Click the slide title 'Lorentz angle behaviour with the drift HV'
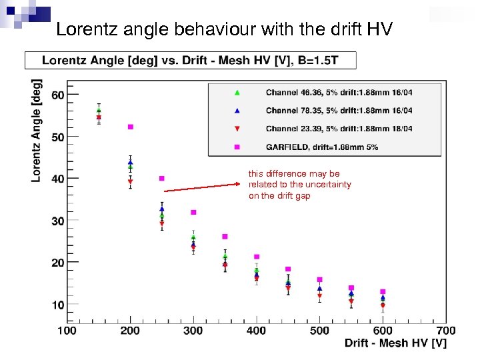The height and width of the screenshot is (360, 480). coord(225,29)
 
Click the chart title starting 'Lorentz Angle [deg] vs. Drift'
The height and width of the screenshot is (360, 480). coord(190,61)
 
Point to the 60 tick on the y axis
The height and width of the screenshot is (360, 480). coord(58,95)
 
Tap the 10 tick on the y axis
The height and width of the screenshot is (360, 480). coord(58,305)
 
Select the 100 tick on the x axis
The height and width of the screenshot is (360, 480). coord(67,330)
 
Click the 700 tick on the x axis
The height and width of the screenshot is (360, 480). coord(446,330)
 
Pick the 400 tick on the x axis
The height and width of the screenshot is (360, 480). coord(257,330)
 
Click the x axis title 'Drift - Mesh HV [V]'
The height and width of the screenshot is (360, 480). coord(395,343)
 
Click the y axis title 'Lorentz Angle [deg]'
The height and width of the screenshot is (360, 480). coord(37,131)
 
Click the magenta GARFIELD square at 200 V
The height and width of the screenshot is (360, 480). coord(131,127)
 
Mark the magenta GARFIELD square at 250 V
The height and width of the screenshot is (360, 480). coord(162,178)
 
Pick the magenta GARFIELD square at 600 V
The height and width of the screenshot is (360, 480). coord(383,291)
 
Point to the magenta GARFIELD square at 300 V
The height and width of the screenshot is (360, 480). coord(193,212)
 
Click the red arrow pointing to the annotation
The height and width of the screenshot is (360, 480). coord(203,185)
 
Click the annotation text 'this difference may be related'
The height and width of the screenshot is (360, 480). coord(299,184)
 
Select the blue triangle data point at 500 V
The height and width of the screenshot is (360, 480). coord(320,289)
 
